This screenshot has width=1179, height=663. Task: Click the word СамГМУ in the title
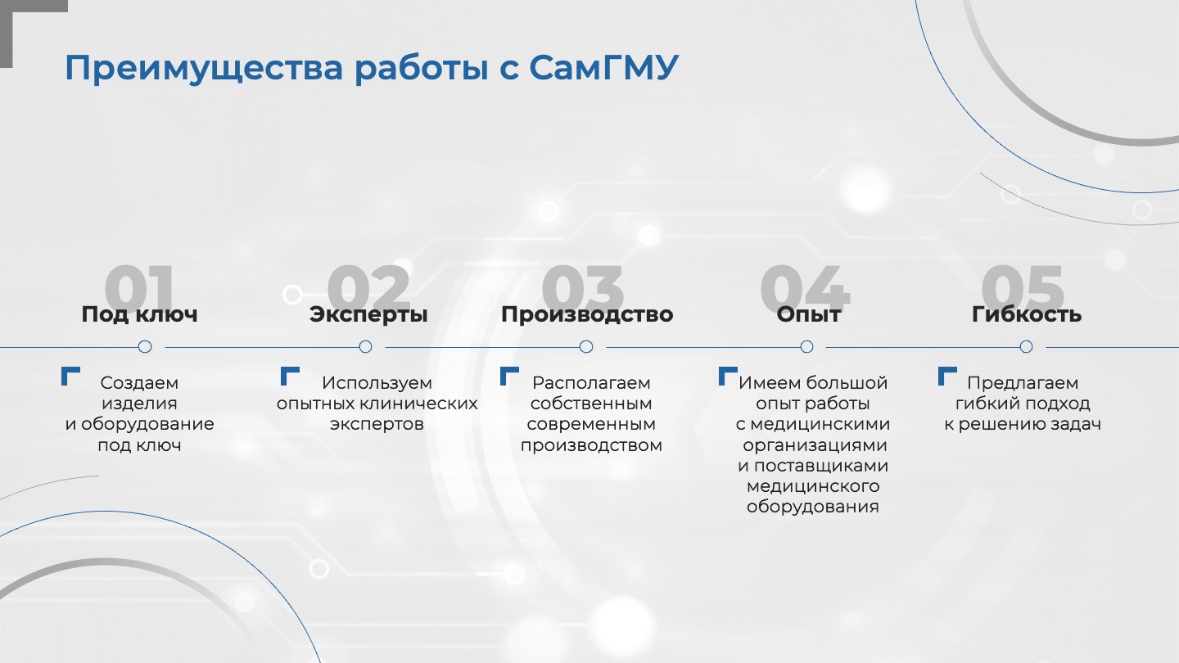[x=603, y=68]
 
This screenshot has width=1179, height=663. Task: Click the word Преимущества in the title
[x=204, y=69]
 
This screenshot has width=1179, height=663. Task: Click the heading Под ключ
[x=139, y=314]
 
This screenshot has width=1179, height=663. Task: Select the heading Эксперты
[x=368, y=314]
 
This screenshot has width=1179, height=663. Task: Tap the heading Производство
[x=587, y=314]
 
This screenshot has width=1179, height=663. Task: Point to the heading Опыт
[x=808, y=314]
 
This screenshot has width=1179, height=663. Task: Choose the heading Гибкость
[x=1027, y=314]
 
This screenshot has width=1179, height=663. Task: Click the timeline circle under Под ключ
[x=145, y=347]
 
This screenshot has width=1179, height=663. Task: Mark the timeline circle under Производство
[x=586, y=347]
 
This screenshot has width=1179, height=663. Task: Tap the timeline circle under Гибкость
[x=1027, y=347]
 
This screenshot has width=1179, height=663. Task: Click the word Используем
[x=377, y=383]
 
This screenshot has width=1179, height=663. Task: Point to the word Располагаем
[x=591, y=383]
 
